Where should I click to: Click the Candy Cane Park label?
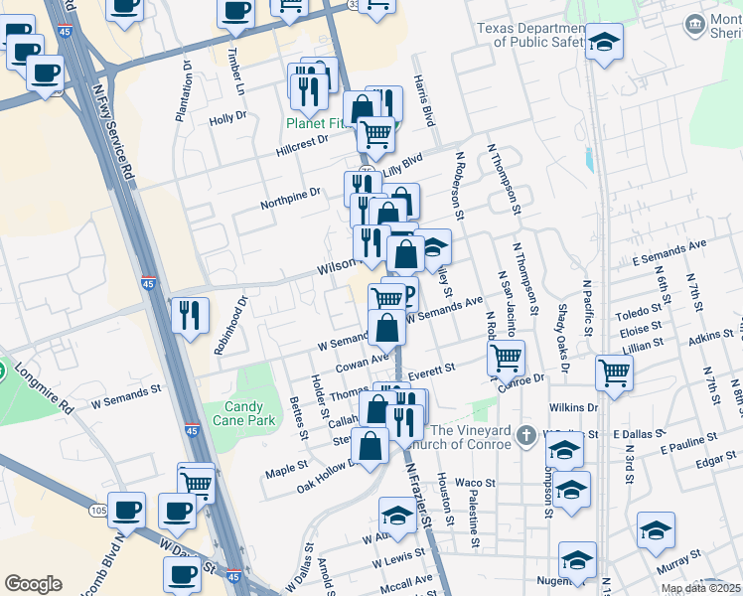[243, 414]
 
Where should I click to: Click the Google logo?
[33, 584]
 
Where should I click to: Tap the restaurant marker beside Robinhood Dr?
[189, 316]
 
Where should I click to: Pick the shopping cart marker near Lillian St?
[614, 372]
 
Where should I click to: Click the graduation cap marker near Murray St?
[656, 530]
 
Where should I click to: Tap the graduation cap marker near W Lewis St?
[396, 515]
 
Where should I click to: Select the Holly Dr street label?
[227, 118]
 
